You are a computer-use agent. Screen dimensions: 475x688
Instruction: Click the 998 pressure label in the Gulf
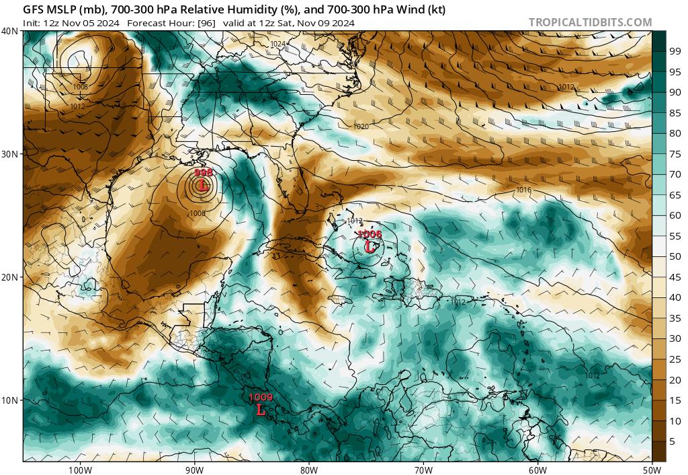tap(203, 173)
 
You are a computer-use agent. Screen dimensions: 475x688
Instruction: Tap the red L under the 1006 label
tap(370, 246)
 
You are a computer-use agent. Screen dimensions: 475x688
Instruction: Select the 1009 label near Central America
tap(261, 398)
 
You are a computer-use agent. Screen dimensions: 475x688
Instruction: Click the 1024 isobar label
tap(277, 44)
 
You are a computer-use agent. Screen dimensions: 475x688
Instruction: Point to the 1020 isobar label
tap(361, 126)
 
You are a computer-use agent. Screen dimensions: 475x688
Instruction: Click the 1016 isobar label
tap(524, 190)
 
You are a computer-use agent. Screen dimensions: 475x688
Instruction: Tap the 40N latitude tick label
tap(10, 31)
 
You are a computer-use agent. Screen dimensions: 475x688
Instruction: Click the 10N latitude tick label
tap(10, 400)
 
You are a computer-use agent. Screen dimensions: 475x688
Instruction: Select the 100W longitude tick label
tap(79, 468)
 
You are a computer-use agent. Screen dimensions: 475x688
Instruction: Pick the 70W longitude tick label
tap(423, 468)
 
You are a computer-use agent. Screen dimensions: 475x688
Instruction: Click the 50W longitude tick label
tap(652, 468)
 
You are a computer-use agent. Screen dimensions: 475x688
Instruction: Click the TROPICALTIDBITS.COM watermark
tap(590, 22)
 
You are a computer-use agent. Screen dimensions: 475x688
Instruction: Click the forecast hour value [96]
tap(204, 23)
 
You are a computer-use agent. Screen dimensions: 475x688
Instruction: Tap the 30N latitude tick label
tap(10, 154)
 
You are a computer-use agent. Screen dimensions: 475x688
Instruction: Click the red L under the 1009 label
tap(261, 408)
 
